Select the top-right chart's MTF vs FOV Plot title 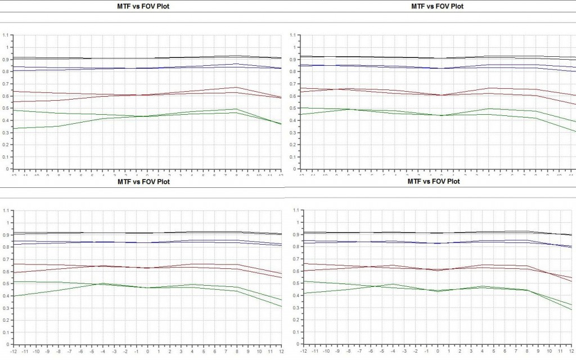[437, 6]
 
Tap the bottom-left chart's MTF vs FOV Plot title [143, 182]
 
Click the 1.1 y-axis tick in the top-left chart [6, 35]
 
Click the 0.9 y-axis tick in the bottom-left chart [6, 235]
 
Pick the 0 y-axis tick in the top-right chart [292, 169]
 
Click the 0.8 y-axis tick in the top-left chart [6, 71]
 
